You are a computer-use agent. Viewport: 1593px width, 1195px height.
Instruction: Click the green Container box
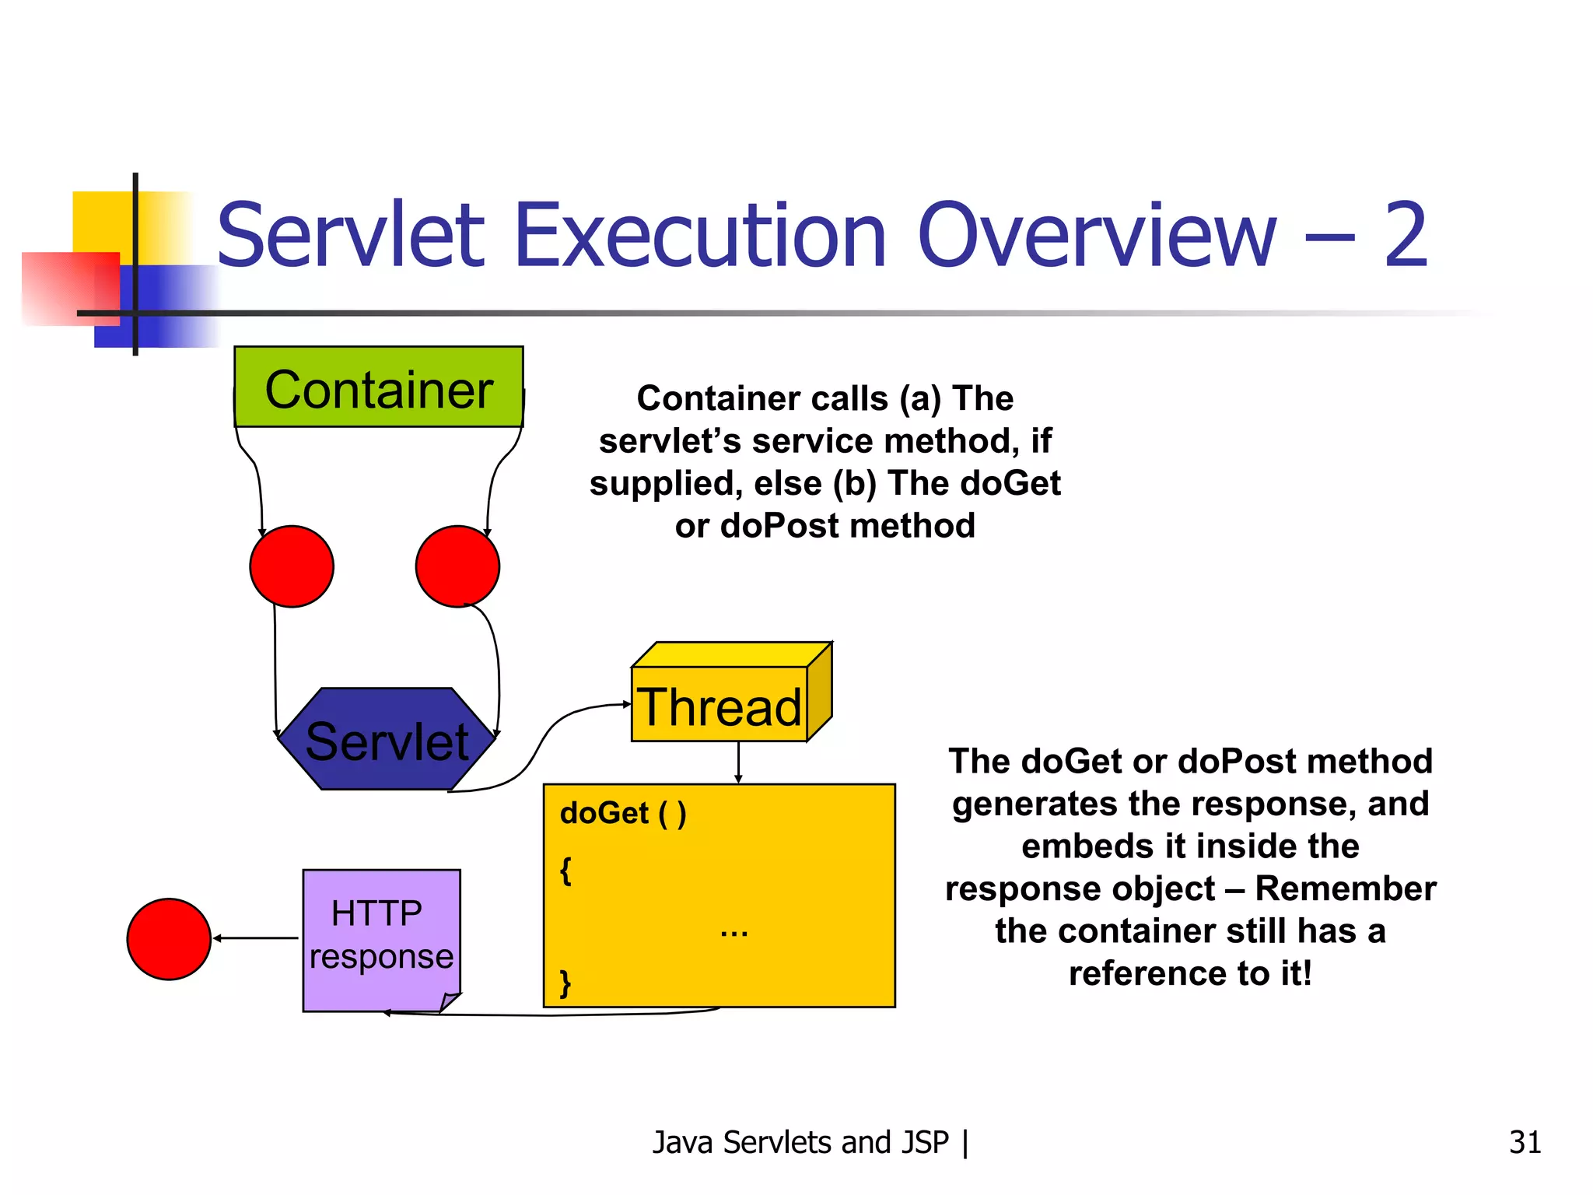point(379,387)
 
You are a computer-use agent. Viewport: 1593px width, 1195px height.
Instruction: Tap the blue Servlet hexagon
point(387,740)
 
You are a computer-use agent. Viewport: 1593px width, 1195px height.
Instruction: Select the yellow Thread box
point(719,705)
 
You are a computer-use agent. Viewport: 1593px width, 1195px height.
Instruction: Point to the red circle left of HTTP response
point(169,939)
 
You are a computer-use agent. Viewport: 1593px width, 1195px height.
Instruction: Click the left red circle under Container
point(292,566)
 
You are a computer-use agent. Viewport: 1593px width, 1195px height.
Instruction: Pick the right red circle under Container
point(457,566)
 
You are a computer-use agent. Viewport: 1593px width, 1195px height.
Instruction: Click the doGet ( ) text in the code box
point(623,814)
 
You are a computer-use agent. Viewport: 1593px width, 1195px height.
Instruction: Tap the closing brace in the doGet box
point(565,983)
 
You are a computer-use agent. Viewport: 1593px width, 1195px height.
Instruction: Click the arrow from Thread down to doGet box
point(738,762)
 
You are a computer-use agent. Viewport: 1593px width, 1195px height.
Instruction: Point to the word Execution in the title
point(700,235)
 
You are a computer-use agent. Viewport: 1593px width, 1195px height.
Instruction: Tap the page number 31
point(1525,1142)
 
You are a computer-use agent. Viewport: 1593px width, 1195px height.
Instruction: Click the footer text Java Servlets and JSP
point(800,1142)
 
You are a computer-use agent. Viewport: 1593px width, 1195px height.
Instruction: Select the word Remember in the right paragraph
point(1345,888)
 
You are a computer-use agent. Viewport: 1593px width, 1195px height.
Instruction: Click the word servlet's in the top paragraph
point(670,441)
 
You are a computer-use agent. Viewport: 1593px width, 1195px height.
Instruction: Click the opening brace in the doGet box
point(565,871)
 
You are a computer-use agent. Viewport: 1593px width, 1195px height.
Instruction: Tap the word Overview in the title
point(1097,235)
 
